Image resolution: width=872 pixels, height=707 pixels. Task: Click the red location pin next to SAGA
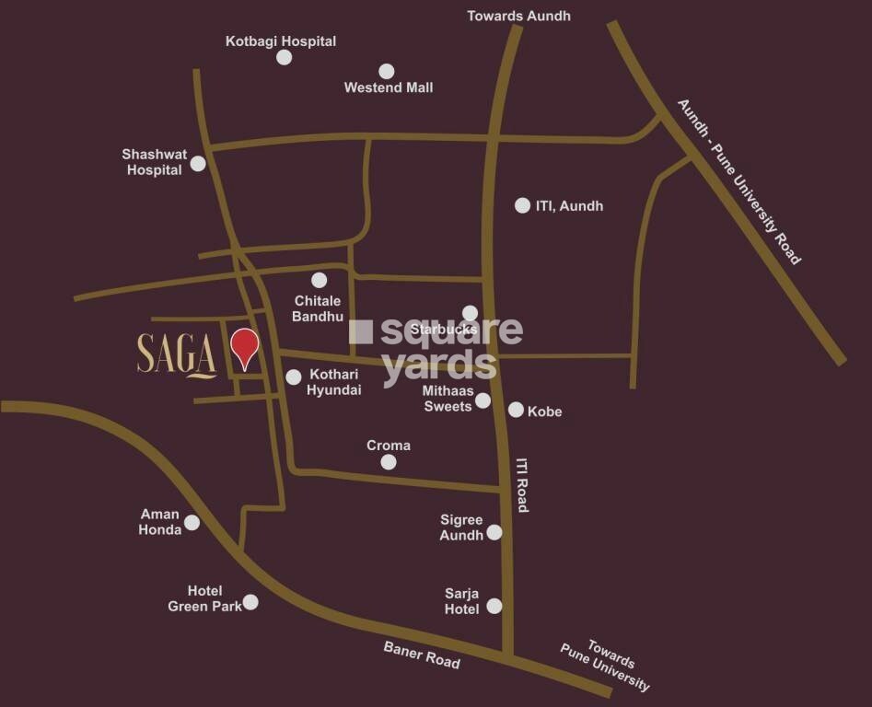click(244, 347)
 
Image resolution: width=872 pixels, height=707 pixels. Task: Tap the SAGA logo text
click(177, 354)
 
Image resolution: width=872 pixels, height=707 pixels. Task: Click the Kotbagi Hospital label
click(281, 41)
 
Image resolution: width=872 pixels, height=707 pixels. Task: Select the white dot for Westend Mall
click(387, 71)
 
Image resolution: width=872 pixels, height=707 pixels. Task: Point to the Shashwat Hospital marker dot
click(198, 164)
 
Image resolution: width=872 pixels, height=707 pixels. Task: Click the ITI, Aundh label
click(569, 206)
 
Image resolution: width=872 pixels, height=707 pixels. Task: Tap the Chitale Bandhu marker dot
click(319, 280)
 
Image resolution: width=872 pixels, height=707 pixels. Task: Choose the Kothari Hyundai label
click(335, 383)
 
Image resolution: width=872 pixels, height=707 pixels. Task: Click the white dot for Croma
click(389, 462)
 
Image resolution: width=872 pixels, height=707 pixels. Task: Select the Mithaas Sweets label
click(448, 399)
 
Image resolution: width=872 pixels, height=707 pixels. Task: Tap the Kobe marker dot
click(516, 410)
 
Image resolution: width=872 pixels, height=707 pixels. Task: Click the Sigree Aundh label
click(461, 528)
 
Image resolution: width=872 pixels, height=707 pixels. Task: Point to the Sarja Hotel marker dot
click(494, 606)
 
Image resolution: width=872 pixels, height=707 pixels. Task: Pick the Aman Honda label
click(160, 522)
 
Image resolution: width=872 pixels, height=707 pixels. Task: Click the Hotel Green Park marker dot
click(250, 602)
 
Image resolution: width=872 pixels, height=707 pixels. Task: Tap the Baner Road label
click(422, 655)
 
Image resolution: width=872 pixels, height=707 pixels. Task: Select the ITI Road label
click(522, 485)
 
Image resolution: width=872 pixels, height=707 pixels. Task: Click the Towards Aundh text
click(518, 16)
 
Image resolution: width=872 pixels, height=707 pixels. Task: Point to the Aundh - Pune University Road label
click(739, 181)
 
